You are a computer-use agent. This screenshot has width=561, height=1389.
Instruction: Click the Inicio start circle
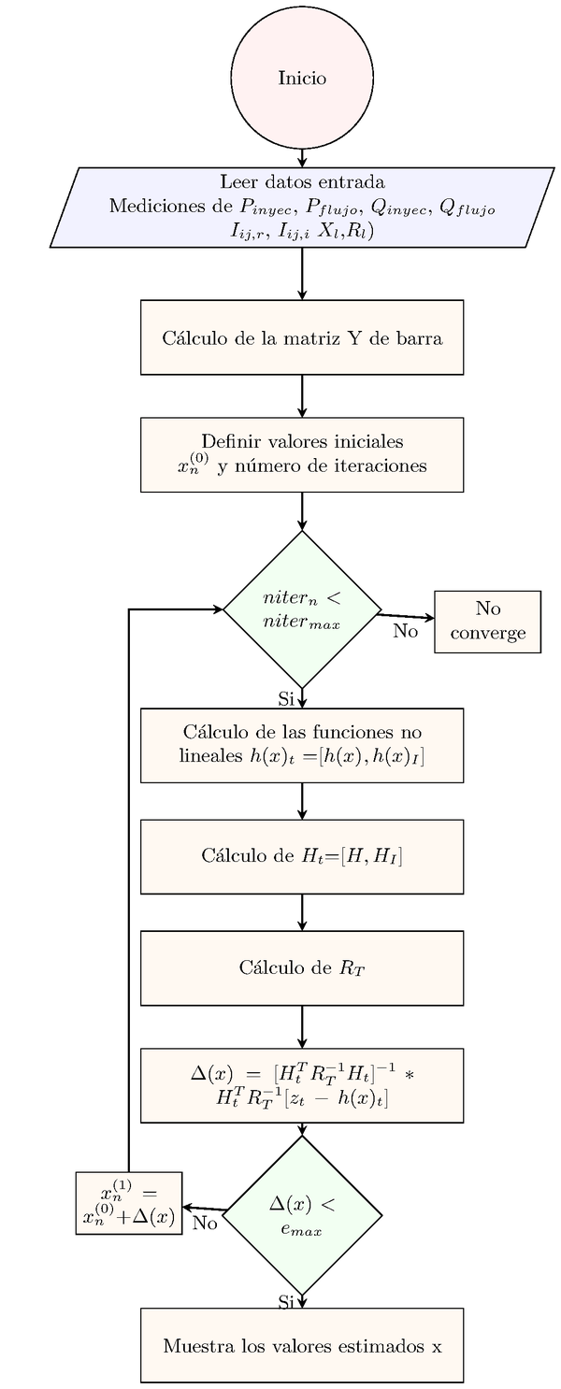pyautogui.click(x=302, y=78)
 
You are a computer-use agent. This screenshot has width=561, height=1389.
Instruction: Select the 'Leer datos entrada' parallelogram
pyautogui.click(x=302, y=208)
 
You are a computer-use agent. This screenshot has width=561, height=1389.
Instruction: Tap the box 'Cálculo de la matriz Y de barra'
pyautogui.click(x=302, y=337)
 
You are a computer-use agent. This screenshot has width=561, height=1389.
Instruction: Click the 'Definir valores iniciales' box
pyautogui.click(x=302, y=454)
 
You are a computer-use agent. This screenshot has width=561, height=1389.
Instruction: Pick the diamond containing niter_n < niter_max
pyautogui.click(x=302, y=609)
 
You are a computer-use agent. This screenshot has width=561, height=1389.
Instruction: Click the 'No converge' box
pyautogui.click(x=487, y=622)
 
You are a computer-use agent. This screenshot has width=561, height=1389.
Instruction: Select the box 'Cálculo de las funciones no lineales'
pyautogui.click(x=302, y=745)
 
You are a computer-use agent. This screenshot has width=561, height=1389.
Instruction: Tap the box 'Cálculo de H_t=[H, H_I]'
pyautogui.click(x=302, y=856)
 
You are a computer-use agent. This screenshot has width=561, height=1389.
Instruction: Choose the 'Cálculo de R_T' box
pyautogui.click(x=302, y=967)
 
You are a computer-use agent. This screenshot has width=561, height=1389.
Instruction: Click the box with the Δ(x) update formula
pyautogui.click(x=302, y=1085)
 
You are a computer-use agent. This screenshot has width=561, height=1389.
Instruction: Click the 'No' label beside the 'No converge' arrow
pyautogui.click(x=405, y=631)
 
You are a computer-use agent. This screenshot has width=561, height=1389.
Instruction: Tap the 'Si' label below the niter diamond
pyautogui.click(x=286, y=698)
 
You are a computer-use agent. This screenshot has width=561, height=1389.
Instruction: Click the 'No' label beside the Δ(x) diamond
pyautogui.click(x=205, y=1223)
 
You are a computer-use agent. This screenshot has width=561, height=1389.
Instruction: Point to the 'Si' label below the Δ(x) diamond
pyautogui.click(x=286, y=1301)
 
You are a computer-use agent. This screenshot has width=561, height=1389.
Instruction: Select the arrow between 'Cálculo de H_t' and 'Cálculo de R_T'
pyautogui.click(x=302, y=912)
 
